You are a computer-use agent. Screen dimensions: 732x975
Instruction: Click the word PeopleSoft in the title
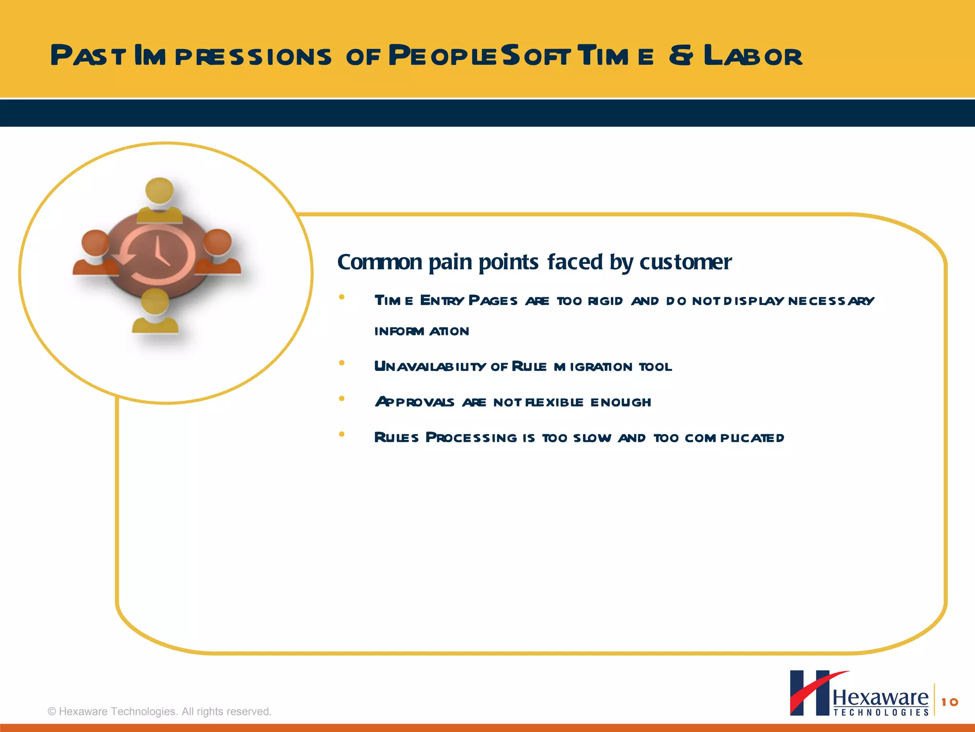[x=479, y=56]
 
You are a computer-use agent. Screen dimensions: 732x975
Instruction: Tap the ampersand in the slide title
[x=681, y=56]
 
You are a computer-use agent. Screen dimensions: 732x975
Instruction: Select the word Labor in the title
[x=753, y=56]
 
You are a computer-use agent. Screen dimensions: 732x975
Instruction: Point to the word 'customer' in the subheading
[x=685, y=262]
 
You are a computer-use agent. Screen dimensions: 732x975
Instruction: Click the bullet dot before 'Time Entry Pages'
[x=341, y=297]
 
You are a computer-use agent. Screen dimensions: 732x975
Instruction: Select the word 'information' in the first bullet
[x=421, y=331]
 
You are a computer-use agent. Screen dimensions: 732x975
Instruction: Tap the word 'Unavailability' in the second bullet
[x=429, y=366]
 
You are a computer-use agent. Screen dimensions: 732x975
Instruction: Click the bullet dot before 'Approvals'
[x=341, y=399]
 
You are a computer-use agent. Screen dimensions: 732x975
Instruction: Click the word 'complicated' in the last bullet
[x=734, y=438]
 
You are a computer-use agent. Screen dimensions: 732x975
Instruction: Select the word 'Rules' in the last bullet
[x=396, y=437]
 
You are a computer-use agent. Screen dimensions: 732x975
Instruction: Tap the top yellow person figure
[x=159, y=200]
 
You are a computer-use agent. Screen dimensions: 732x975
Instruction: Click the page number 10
[x=949, y=702]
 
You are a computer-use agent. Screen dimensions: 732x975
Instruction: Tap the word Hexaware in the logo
[x=880, y=698]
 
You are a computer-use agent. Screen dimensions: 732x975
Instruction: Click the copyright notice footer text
[x=159, y=712]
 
